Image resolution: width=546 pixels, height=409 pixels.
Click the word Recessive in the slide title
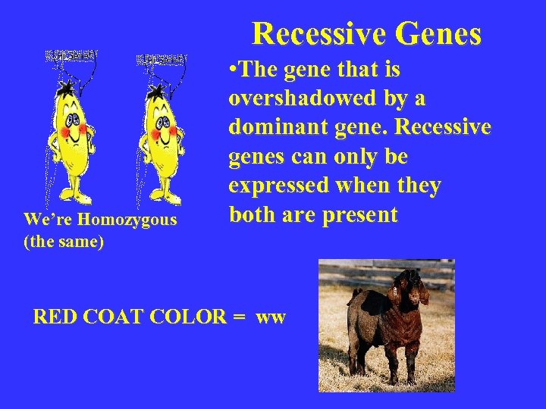pyautogui.click(x=318, y=34)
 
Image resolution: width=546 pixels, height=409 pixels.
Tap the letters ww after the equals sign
pyautogui.click(x=271, y=317)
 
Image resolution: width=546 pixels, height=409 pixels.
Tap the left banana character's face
pyautogui.click(x=74, y=122)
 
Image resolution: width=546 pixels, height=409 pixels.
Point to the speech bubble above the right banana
pyautogui.click(x=161, y=58)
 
